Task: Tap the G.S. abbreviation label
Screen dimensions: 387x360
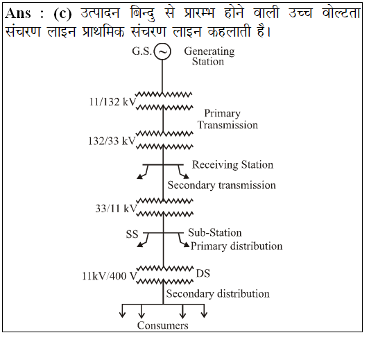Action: [141, 51]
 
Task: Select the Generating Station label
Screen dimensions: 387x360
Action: [209, 56]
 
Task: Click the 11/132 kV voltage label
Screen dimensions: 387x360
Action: [112, 102]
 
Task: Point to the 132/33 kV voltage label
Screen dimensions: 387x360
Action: [112, 141]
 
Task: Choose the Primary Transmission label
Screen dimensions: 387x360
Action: [227, 119]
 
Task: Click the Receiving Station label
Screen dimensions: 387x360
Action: [233, 164]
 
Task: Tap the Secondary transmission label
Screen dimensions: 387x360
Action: [222, 185]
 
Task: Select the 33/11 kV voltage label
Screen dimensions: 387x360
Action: [116, 209]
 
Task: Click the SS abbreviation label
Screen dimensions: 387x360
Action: [132, 234]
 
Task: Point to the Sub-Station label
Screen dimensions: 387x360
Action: [215, 232]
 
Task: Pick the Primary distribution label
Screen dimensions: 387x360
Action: [237, 246]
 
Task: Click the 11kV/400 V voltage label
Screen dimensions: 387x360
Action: [110, 276]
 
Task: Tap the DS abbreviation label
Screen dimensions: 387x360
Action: [203, 273]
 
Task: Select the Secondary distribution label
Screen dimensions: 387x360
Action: [218, 294]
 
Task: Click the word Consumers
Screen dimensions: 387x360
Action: [163, 325]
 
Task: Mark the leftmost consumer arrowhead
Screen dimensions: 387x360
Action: [123, 315]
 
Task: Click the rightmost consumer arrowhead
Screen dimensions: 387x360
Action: [204, 315]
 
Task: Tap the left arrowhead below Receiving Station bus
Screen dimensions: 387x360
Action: [139, 176]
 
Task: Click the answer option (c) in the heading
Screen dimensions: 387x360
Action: [62, 13]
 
